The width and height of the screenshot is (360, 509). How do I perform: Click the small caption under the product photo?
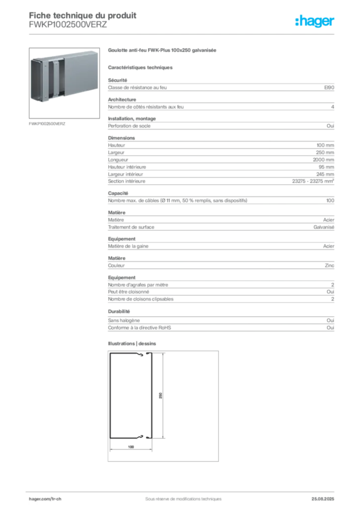click(47, 123)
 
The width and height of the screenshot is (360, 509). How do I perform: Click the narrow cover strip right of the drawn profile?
click(150, 395)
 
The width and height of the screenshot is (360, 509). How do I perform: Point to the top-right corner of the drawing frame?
click(221, 351)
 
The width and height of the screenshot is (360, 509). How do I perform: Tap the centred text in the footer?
click(179, 496)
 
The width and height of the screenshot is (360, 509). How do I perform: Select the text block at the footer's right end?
click(326, 496)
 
